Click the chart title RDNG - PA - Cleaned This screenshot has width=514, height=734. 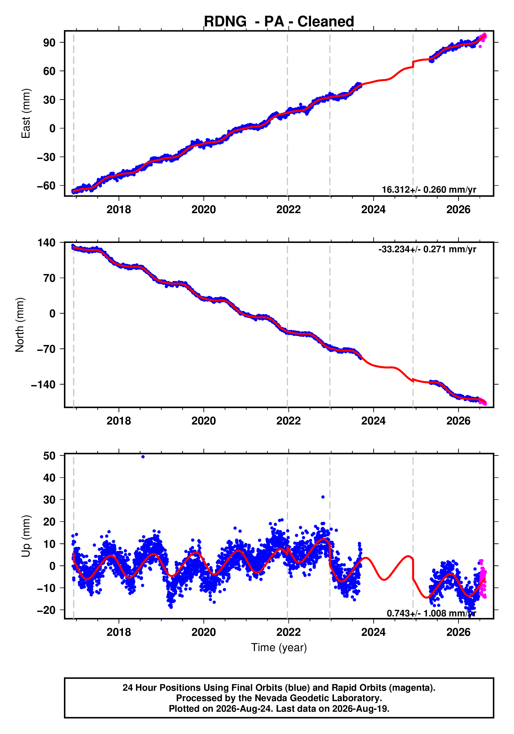pos(279,21)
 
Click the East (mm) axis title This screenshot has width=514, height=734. pos(26,113)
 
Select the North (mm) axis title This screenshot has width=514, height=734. pos(20,325)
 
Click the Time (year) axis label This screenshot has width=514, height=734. pos(279,647)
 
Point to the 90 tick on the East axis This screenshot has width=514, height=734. pos(49,42)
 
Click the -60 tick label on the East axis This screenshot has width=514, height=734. pos(46,185)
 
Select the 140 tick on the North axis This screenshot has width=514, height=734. pos(46,243)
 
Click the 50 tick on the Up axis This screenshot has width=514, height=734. pos(49,456)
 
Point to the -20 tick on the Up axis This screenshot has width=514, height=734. pos(46,610)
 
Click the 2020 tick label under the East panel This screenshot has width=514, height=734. pos(203,210)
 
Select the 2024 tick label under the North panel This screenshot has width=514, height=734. pos(373,421)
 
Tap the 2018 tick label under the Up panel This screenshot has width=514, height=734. pos(119,632)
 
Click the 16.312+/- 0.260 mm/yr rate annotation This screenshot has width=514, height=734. pos(429,190)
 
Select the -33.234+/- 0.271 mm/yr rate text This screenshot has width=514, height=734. pos(427,249)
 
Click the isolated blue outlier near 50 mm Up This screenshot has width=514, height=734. pos(143,457)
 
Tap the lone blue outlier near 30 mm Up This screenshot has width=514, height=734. pos(323,497)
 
